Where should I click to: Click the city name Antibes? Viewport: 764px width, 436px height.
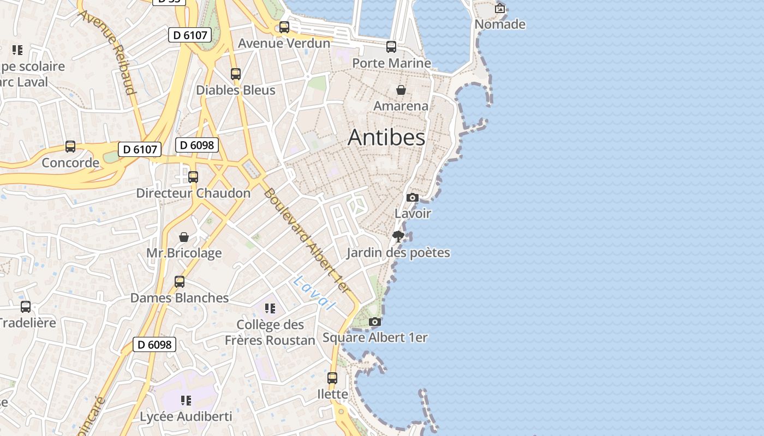coord(386,137)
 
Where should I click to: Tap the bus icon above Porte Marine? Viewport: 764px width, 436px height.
coord(391,47)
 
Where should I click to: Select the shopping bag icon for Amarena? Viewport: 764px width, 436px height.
coord(401,90)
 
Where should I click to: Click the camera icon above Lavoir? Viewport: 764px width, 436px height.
coord(413,197)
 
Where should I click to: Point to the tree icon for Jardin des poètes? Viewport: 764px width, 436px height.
coord(398,236)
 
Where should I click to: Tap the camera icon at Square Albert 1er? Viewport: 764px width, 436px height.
coord(374,322)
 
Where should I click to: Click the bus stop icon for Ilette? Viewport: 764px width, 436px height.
coord(332,378)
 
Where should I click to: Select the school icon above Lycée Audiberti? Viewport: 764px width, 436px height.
coord(186,401)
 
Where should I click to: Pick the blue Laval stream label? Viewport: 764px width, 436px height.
coord(313,293)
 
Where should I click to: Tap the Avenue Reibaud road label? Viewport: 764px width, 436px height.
coord(108,52)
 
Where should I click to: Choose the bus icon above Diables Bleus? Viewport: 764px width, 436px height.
coord(236,74)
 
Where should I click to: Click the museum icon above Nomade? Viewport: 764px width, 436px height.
coord(500,8)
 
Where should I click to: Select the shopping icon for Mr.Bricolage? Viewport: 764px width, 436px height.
coord(184,237)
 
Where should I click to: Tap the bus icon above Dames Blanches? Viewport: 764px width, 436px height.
coord(180,282)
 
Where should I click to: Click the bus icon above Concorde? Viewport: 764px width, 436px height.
coord(70,147)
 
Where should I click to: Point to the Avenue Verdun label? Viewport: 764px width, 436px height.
coord(284,43)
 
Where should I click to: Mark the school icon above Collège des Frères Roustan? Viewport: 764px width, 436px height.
coord(270,308)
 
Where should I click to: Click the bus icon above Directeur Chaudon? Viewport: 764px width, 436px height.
coord(193,177)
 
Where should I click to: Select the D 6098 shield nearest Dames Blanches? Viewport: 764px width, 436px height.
coord(154,344)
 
